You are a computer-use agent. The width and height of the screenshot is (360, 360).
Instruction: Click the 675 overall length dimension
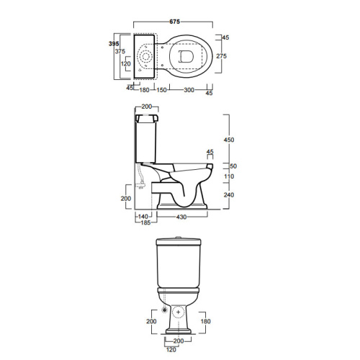coord(174,22)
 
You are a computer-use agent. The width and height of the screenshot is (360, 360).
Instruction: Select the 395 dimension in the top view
coord(114,44)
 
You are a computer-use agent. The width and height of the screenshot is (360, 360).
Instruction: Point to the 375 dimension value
coord(120,51)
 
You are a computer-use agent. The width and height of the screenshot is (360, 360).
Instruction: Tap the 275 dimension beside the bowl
coord(221,56)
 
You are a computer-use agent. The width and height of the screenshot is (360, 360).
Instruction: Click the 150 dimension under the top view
coord(161,90)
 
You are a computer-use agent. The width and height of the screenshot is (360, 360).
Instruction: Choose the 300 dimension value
coord(189,90)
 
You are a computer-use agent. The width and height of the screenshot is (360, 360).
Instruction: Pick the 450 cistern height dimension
coord(229,140)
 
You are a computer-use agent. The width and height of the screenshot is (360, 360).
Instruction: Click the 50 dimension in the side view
coord(233,166)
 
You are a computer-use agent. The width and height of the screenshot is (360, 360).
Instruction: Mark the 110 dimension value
coord(229,176)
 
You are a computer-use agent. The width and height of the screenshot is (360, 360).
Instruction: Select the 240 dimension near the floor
coord(229,194)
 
